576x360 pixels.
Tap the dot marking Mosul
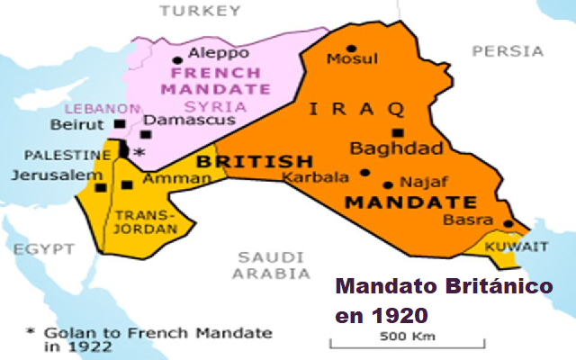tap(351, 49)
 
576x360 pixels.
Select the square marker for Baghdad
tap(396, 132)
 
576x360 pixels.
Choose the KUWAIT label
tap(516, 246)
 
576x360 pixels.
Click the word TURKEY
tap(199, 11)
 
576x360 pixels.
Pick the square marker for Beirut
tap(120, 123)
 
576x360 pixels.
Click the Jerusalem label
tap(45, 174)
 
